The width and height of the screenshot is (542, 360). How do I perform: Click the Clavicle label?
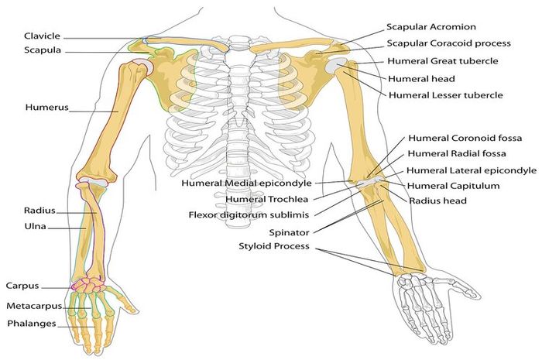coord(42,36)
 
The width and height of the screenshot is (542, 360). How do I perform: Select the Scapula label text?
coord(43,50)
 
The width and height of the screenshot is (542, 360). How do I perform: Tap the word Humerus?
coord(47,107)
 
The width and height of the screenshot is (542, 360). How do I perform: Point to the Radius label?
coord(39,211)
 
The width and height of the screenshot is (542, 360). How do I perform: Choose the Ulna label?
coord(36,226)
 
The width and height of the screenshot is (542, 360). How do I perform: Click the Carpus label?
coord(22,286)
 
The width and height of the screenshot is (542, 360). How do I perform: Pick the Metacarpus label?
coord(34,306)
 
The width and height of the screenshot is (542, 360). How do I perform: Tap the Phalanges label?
coord(32,324)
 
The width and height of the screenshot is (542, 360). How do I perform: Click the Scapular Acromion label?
coord(431,27)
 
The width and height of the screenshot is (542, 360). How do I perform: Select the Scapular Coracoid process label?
coord(448,43)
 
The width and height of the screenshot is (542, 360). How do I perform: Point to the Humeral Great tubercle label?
coord(443,61)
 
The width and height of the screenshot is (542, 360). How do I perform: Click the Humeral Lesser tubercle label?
coord(446,95)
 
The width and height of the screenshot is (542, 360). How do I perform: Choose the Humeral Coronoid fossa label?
coord(465,139)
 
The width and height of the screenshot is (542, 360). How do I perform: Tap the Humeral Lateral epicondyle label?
coord(472,170)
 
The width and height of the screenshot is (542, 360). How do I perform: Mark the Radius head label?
coord(438,201)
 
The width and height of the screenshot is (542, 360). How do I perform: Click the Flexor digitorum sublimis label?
coord(249,215)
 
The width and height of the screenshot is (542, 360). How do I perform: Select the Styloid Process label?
coord(274,246)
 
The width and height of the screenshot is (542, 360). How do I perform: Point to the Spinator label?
coord(289,232)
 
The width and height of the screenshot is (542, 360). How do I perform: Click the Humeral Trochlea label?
coord(266,199)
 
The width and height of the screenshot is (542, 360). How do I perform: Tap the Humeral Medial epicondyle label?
coord(246,183)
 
